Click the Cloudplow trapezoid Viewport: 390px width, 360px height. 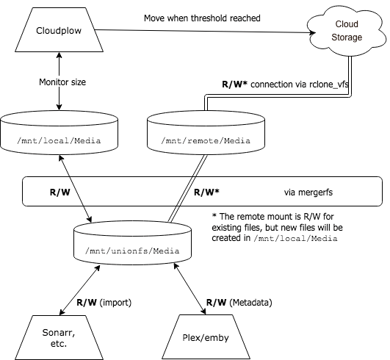(x=59, y=30)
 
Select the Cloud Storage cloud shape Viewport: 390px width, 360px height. (x=347, y=31)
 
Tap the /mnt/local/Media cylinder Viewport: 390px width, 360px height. (x=59, y=132)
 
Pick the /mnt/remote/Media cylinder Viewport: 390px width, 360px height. (x=206, y=132)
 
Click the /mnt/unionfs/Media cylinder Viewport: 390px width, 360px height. (x=132, y=243)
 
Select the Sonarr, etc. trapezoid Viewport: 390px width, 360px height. (x=59, y=338)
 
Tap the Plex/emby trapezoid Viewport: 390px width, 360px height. (x=206, y=337)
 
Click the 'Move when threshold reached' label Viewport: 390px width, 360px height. (x=202, y=18)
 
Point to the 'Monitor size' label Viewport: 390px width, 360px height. (x=62, y=82)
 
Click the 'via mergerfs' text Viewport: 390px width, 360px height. (x=308, y=192)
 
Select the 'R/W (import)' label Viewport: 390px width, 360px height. (x=104, y=303)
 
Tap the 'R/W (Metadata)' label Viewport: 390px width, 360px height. (x=239, y=303)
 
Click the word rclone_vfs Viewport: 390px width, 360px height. (x=329, y=84)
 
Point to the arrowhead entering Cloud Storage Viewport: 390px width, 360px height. (x=312, y=32)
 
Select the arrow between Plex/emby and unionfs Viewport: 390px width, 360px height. (x=189, y=289)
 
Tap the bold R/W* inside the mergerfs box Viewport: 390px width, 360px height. (x=206, y=192)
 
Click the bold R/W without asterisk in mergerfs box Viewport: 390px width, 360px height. (x=60, y=192)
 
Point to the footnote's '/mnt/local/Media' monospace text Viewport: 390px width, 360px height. (x=295, y=239)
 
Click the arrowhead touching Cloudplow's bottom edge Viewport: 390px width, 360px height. (x=59, y=55)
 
